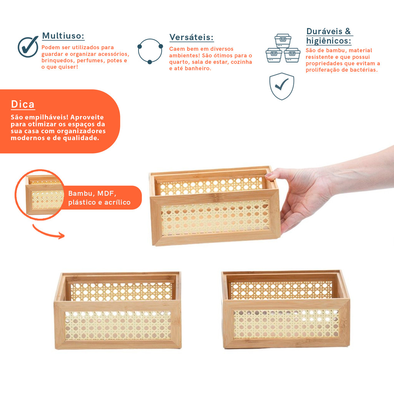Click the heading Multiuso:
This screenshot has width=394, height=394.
click(x=63, y=36)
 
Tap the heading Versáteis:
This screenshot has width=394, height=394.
click(x=192, y=37)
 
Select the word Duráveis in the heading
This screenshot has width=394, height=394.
click(x=324, y=32)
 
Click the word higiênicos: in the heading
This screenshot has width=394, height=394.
click(x=329, y=41)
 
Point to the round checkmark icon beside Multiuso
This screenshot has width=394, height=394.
click(x=28, y=47)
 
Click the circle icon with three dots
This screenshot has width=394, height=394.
click(x=150, y=51)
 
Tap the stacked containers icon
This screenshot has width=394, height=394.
click(x=283, y=48)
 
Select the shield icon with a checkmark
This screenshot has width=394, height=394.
click(x=282, y=86)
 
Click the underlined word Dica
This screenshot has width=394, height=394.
click(x=23, y=104)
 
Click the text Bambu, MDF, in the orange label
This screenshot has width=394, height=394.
click(x=92, y=194)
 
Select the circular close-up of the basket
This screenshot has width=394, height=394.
click(x=40, y=195)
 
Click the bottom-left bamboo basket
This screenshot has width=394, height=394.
click(x=118, y=311)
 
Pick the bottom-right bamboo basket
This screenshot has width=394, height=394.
click(x=286, y=309)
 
